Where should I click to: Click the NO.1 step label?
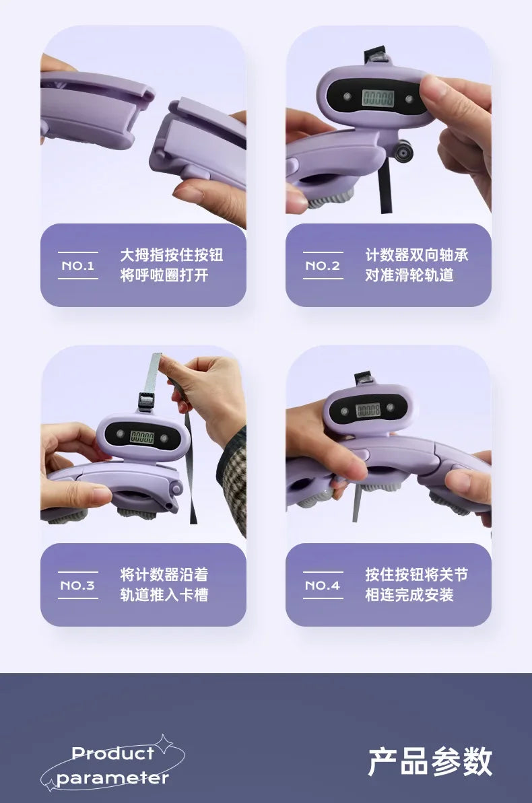78,266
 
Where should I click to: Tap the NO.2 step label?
323,266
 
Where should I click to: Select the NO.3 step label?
78,586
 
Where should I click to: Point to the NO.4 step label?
323,586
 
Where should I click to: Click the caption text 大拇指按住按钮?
172,255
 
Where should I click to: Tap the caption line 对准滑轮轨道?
409,275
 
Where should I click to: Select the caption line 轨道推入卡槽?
164,595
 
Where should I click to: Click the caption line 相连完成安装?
409,595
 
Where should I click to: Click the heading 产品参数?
430,761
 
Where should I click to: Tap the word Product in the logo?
112,753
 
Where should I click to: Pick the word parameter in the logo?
112,778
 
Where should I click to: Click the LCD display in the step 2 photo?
378,98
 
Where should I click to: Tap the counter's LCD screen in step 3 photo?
142,436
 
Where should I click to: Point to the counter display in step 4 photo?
368,410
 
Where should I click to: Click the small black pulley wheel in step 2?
405,151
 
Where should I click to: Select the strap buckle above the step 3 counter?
147,401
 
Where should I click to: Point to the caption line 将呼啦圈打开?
164,275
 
